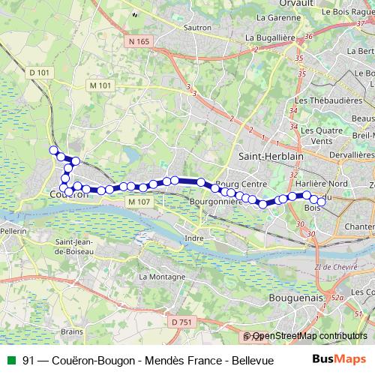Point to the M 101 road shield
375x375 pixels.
click(x=100, y=85)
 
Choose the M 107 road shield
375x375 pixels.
click(x=139, y=202)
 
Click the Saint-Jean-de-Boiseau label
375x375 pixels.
click(x=73, y=247)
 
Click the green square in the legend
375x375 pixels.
click(x=10, y=359)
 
